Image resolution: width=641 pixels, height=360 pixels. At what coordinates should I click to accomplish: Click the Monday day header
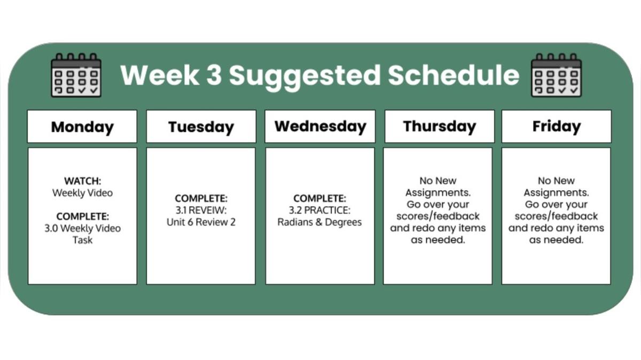tap(82, 127)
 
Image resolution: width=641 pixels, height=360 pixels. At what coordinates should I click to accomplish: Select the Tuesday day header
tap(201, 127)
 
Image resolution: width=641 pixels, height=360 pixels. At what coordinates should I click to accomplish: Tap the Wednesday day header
tap(320, 127)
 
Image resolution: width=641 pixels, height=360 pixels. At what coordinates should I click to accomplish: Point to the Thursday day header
tap(439, 127)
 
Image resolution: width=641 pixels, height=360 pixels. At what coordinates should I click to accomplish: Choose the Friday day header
tap(556, 127)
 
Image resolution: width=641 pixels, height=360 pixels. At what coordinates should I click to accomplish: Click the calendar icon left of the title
tap(76, 75)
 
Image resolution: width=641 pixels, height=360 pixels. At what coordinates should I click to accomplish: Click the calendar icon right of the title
tap(556, 75)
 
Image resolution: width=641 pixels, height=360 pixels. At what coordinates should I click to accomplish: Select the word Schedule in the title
tap(453, 75)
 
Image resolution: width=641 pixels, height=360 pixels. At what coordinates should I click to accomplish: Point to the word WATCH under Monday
tap(82, 181)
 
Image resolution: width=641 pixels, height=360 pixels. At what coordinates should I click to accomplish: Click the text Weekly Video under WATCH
tap(82, 193)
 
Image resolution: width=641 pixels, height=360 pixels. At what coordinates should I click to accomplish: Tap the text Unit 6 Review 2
tap(201, 222)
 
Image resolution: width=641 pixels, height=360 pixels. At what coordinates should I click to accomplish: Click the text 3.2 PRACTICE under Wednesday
tap(320, 210)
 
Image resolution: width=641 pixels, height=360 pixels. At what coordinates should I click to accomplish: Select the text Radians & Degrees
tap(319, 222)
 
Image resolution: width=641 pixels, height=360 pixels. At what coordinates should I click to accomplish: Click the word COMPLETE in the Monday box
tap(82, 216)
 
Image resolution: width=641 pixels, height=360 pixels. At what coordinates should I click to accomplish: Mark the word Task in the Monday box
tap(82, 240)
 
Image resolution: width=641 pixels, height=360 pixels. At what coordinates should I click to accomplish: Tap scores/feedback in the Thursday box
tap(438, 216)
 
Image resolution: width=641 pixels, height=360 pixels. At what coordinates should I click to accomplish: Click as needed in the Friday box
tap(556, 240)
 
